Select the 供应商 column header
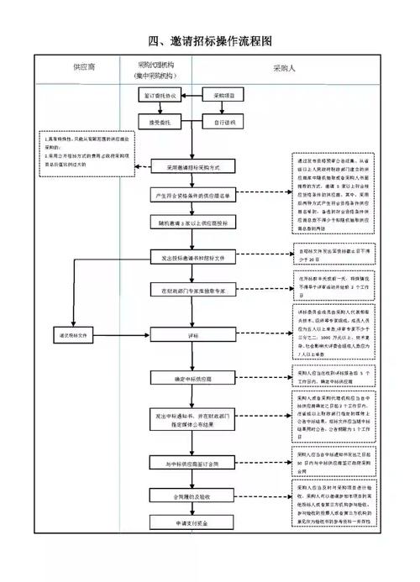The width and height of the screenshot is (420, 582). click(x=83, y=65)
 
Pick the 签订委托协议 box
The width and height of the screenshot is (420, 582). click(x=160, y=97)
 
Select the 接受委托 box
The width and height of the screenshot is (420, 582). click(x=160, y=123)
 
